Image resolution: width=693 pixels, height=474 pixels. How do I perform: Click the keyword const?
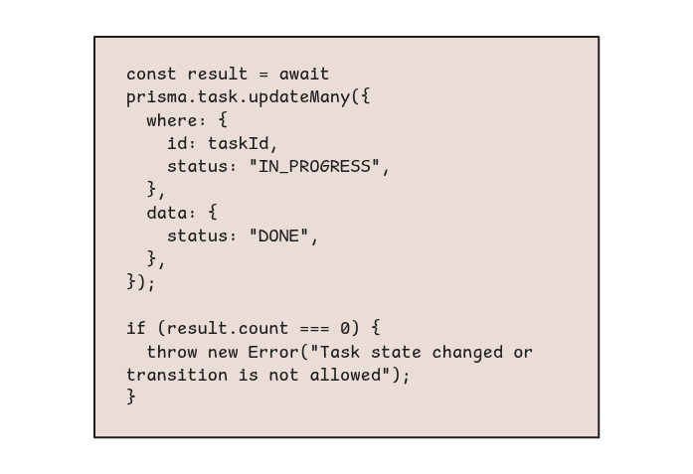point(151,74)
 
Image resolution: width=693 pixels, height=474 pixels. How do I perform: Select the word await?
point(304,74)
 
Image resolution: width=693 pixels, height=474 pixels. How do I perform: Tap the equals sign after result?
point(263,75)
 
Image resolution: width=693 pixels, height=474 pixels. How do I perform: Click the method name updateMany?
point(299,97)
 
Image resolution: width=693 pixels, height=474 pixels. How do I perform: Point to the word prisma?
point(156,97)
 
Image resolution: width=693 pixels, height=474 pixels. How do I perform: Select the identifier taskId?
point(238,143)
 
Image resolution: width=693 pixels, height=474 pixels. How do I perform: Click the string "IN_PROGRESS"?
point(314,167)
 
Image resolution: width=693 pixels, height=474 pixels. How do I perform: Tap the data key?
point(167,213)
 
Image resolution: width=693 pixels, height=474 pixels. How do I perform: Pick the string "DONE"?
point(278,236)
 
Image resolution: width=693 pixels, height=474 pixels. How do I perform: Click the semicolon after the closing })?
point(151,283)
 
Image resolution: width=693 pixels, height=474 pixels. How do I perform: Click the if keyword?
point(135,328)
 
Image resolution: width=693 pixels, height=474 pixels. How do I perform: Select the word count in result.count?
point(263,329)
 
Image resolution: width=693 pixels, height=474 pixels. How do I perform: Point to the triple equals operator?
point(314,329)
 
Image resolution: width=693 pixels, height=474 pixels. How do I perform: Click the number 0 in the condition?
point(345,329)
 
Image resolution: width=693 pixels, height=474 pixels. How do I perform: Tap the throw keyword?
point(171,352)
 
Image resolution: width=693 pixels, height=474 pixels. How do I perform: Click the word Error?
point(273,352)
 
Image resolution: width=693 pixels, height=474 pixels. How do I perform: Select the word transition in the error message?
point(177,375)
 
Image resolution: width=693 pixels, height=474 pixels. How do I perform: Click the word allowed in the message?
point(345,375)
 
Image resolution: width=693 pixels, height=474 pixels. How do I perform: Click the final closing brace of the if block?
point(131,396)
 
